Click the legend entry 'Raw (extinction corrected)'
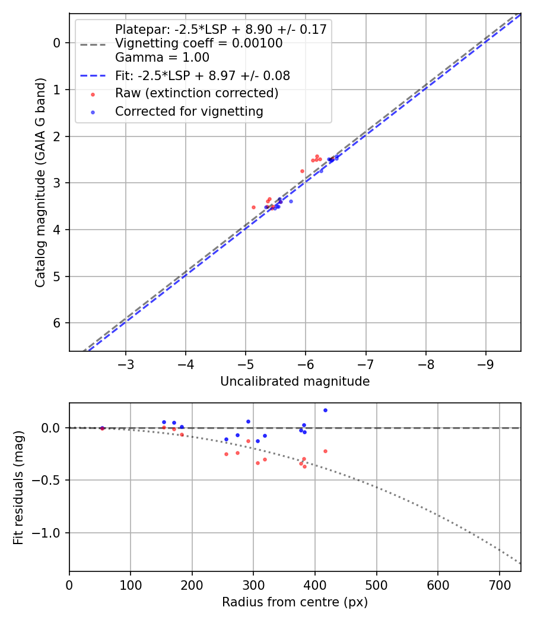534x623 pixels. pyautogui.click(x=196, y=93)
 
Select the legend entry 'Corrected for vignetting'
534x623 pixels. pyautogui.click(x=189, y=111)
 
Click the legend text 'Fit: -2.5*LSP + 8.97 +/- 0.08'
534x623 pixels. pyautogui.click(x=202, y=76)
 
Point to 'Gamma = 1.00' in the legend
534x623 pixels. pyautogui.click(x=162, y=58)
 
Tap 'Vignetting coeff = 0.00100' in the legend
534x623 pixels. pyautogui.click(x=199, y=43)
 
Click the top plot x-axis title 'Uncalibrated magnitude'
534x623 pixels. pyautogui.click(x=295, y=382)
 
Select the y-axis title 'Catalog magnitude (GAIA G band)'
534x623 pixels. pyautogui.click(x=40, y=183)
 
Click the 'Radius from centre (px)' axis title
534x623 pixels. pyautogui.click(x=295, y=602)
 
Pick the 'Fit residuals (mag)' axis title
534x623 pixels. pyautogui.click(x=19, y=487)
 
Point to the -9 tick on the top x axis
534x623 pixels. pyautogui.click(x=485, y=363)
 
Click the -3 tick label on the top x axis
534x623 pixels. pyautogui.click(x=126, y=363)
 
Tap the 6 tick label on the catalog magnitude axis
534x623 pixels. pyautogui.click(x=58, y=323)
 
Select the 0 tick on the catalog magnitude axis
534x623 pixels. pyautogui.click(x=58, y=42)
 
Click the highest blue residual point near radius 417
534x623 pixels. pyautogui.click(x=325, y=410)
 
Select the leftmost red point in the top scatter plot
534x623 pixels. pyautogui.click(x=253, y=207)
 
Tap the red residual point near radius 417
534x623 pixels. pyautogui.click(x=325, y=451)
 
